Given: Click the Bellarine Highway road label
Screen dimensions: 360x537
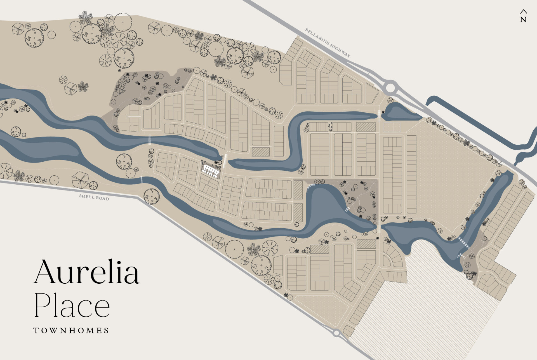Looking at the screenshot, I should [328, 43].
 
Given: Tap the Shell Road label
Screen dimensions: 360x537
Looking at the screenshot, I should [94, 197].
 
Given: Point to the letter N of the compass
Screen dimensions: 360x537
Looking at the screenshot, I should [523, 20].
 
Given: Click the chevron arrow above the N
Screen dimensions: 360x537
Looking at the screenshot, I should [524, 12].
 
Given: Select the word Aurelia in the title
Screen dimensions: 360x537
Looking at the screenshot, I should [86, 272].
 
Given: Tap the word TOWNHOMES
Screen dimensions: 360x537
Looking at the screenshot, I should [71, 330].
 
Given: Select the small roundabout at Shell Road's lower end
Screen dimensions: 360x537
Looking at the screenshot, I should [336, 333].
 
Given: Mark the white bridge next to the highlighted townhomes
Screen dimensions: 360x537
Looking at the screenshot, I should [225, 161].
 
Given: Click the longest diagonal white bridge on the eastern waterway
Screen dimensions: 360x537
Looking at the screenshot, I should [463, 242].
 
